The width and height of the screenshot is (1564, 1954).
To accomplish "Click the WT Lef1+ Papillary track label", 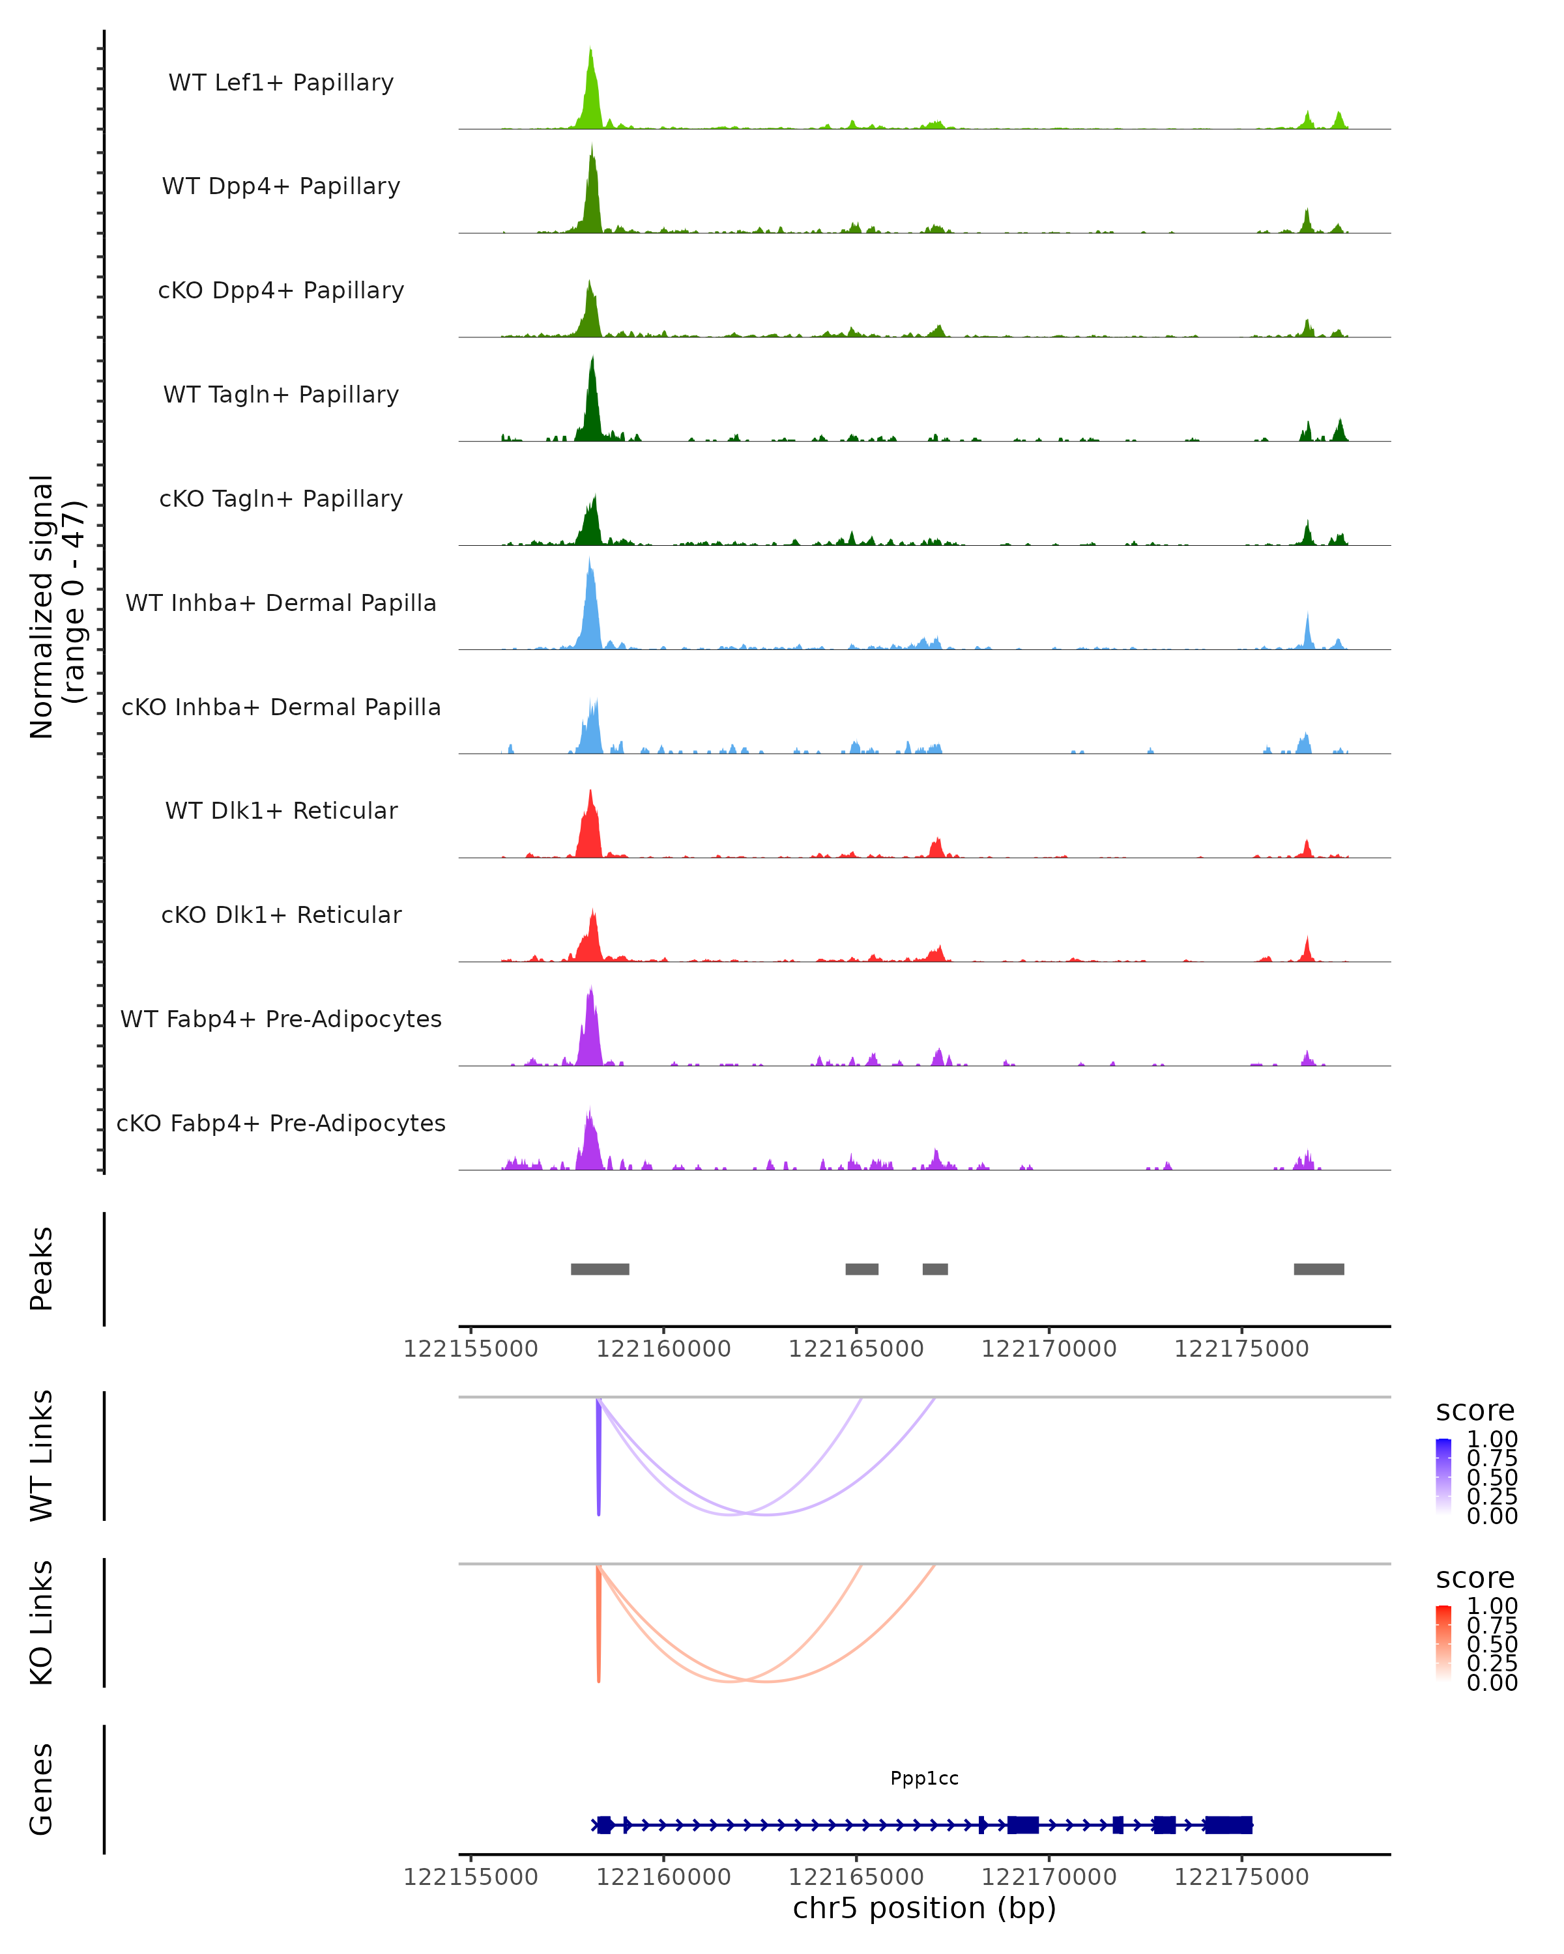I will [281, 83].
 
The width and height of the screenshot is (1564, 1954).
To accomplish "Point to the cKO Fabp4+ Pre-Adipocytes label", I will [281, 1123].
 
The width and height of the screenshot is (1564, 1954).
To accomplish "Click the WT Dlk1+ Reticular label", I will [281, 810].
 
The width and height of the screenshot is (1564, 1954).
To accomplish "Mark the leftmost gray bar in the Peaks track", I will [600, 1269].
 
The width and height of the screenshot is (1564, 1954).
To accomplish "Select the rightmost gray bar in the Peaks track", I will [1318, 1269].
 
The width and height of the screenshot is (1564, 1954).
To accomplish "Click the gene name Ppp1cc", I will [924, 1778].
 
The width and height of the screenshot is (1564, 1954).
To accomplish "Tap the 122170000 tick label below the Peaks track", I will [1049, 1349].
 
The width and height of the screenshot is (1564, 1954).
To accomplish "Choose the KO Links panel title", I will [42, 1622].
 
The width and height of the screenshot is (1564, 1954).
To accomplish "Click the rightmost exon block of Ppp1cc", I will [1228, 1825].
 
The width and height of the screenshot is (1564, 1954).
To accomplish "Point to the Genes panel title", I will [42, 1789].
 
